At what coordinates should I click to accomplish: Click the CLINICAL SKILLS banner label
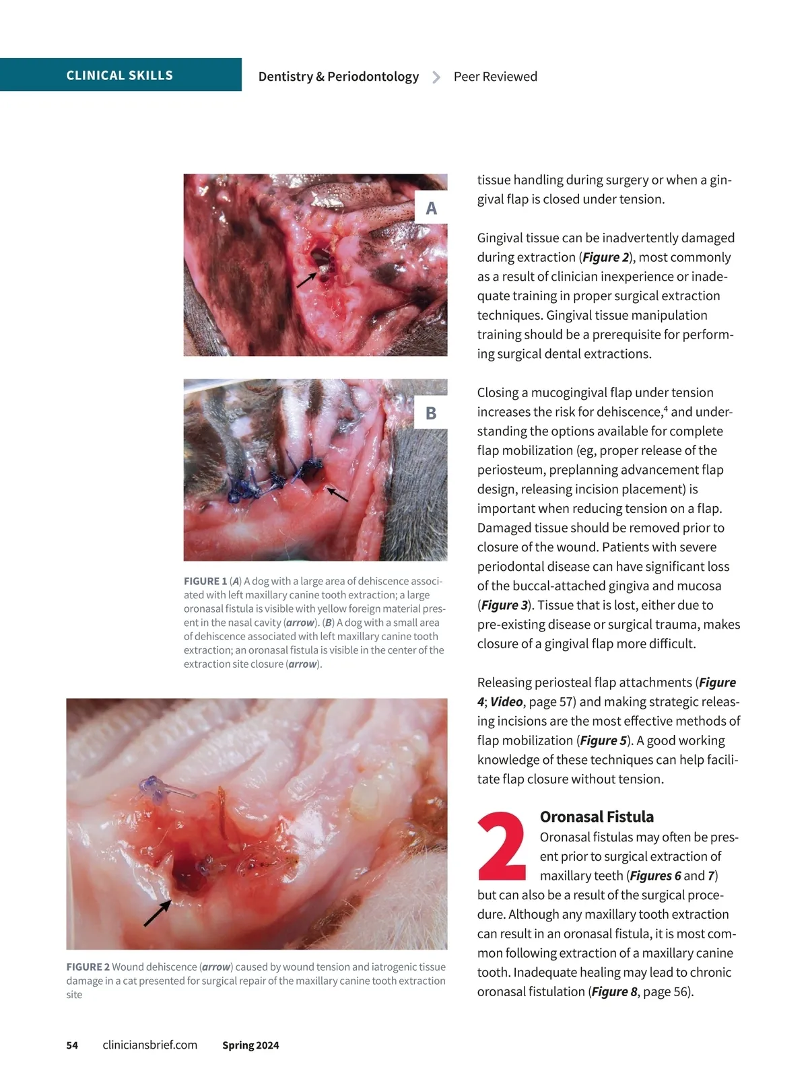coord(119,75)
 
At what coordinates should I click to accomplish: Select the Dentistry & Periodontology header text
coord(338,77)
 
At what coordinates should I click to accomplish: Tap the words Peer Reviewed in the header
coord(495,77)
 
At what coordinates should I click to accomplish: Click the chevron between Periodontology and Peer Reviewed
coord(436,77)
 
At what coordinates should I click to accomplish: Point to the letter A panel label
coord(431,209)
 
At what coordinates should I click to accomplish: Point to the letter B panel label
coord(431,413)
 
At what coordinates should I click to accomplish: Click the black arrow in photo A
coord(307,279)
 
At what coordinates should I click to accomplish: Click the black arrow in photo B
coord(337,495)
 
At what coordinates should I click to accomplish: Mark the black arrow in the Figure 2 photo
coord(157,913)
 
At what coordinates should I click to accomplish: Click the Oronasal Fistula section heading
coord(597,816)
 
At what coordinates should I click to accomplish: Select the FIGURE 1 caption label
coord(205,581)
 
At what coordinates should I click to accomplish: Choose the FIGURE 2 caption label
coord(88,967)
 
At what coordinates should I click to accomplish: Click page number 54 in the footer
coord(72,1045)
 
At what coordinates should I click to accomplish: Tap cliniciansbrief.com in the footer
coord(149,1045)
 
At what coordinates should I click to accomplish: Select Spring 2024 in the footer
coord(250,1045)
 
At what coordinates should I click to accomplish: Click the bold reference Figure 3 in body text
coord(504,605)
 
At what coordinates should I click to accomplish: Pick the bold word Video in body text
coord(506,701)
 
